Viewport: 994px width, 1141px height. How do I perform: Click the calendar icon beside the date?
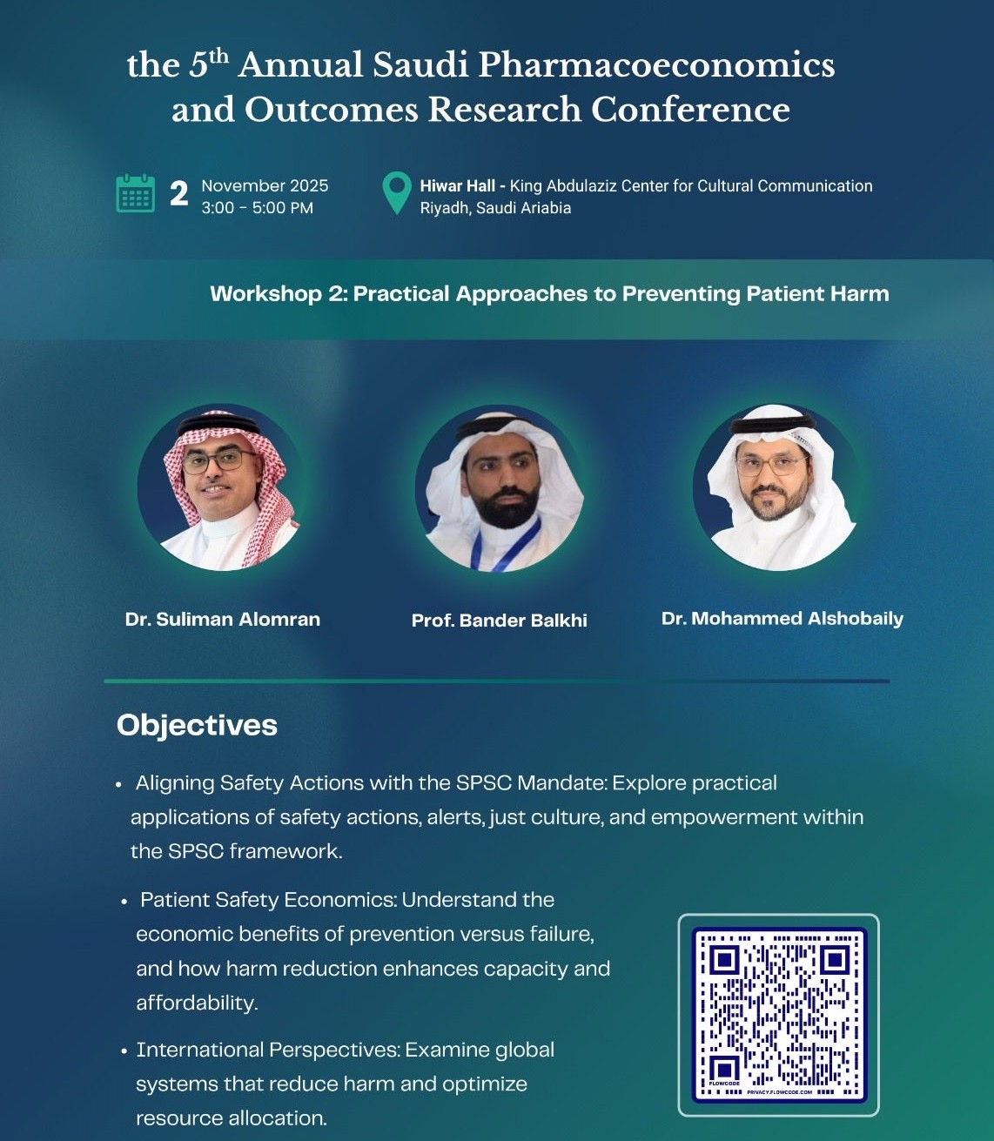point(136,193)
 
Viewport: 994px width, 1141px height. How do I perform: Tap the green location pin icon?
point(397,193)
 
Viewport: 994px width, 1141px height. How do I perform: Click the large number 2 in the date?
point(178,194)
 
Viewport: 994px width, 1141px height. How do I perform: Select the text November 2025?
point(265,185)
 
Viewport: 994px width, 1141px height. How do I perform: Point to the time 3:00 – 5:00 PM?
point(257,208)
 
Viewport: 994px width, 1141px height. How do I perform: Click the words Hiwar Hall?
point(457,185)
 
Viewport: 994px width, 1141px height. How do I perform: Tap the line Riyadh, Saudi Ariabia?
point(495,208)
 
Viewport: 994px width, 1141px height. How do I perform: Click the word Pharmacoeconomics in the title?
point(656,66)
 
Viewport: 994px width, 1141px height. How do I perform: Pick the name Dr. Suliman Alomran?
point(223,619)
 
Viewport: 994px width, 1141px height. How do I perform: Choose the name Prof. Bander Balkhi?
point(500,621)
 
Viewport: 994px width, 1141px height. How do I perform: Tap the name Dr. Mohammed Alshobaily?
point(782,619)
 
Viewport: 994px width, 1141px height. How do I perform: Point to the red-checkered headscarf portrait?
point(221,487)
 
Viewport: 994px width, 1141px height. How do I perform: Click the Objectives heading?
point(197,726)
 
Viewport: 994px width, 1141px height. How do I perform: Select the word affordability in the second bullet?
point(197,1003)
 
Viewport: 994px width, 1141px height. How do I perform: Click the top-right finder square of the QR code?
point(835,960)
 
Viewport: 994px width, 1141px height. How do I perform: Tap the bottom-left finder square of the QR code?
point(724,1071)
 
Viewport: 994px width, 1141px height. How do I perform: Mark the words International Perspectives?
point(269,1050)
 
